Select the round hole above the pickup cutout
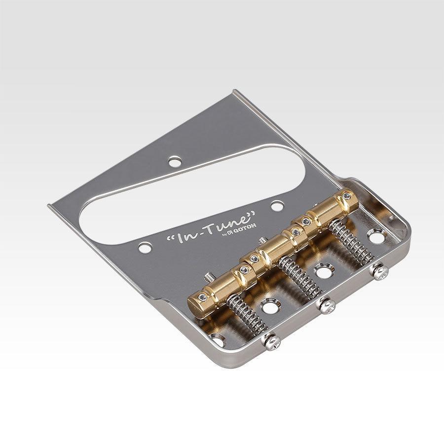click(x=174, y=161)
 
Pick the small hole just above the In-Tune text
click(x=277, y=205)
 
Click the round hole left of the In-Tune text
click(x=145, y=248)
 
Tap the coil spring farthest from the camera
click(x=351, y=242)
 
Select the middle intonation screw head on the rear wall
click(x=327, y=305)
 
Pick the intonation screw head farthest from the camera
click(x=379, y=271)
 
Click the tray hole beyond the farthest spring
click(x=376, y=236)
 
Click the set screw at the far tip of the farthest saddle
click(x=348, y=196)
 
